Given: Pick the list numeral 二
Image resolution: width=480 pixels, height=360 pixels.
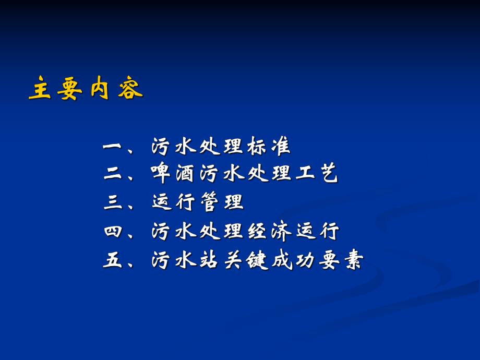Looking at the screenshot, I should [x=112, y=175].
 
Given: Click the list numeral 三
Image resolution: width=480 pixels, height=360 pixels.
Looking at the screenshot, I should [x=112, y=202].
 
